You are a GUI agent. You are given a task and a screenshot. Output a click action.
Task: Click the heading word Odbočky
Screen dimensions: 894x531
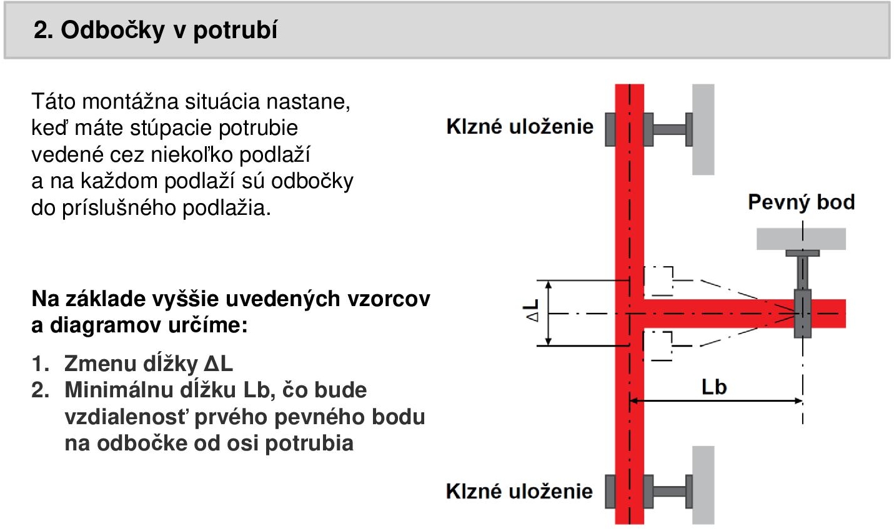(x=112, y=31)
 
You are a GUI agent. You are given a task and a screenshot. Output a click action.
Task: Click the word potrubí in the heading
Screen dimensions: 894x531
(x=236, y=31)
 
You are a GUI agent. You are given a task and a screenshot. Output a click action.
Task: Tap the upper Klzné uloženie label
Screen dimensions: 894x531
(x=520, y=127)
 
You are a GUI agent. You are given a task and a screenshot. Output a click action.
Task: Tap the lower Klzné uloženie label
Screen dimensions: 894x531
(x=519, y=491)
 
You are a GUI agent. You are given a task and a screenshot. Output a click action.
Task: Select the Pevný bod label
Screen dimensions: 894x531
(x=802, y=202)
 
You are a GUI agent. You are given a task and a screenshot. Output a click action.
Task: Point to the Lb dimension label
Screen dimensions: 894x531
(x=714, y=387)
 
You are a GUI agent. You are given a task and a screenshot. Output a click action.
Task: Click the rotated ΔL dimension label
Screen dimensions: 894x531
(x=531, y=310)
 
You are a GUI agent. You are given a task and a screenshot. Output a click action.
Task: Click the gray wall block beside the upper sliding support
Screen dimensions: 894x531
(x=703, y=129)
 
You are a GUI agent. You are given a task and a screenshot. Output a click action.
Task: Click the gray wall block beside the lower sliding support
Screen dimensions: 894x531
(x=703, y=485)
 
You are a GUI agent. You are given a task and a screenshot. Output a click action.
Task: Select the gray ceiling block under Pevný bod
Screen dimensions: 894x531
(x=801, y=239)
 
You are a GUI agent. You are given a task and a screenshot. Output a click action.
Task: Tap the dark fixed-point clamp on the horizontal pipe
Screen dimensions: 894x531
(x=803, y=314)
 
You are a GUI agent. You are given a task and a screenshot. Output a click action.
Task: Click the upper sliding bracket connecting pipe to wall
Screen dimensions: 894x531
(x=668, y=130)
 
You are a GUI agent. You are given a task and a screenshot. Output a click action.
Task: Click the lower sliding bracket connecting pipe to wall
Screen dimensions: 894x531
(x=668, y=492)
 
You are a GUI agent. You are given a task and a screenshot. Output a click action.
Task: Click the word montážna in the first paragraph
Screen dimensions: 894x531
(x=130, y=101)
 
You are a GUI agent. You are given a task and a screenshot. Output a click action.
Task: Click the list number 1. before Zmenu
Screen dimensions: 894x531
(x=41, y=364)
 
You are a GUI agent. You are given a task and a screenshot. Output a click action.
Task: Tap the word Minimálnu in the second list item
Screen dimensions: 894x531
(x=119, y=390)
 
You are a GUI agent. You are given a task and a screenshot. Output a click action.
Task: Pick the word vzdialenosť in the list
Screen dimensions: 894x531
(x=126, y=417)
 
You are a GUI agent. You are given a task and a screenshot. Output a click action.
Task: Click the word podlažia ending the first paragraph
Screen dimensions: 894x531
(x=227, y=208)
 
